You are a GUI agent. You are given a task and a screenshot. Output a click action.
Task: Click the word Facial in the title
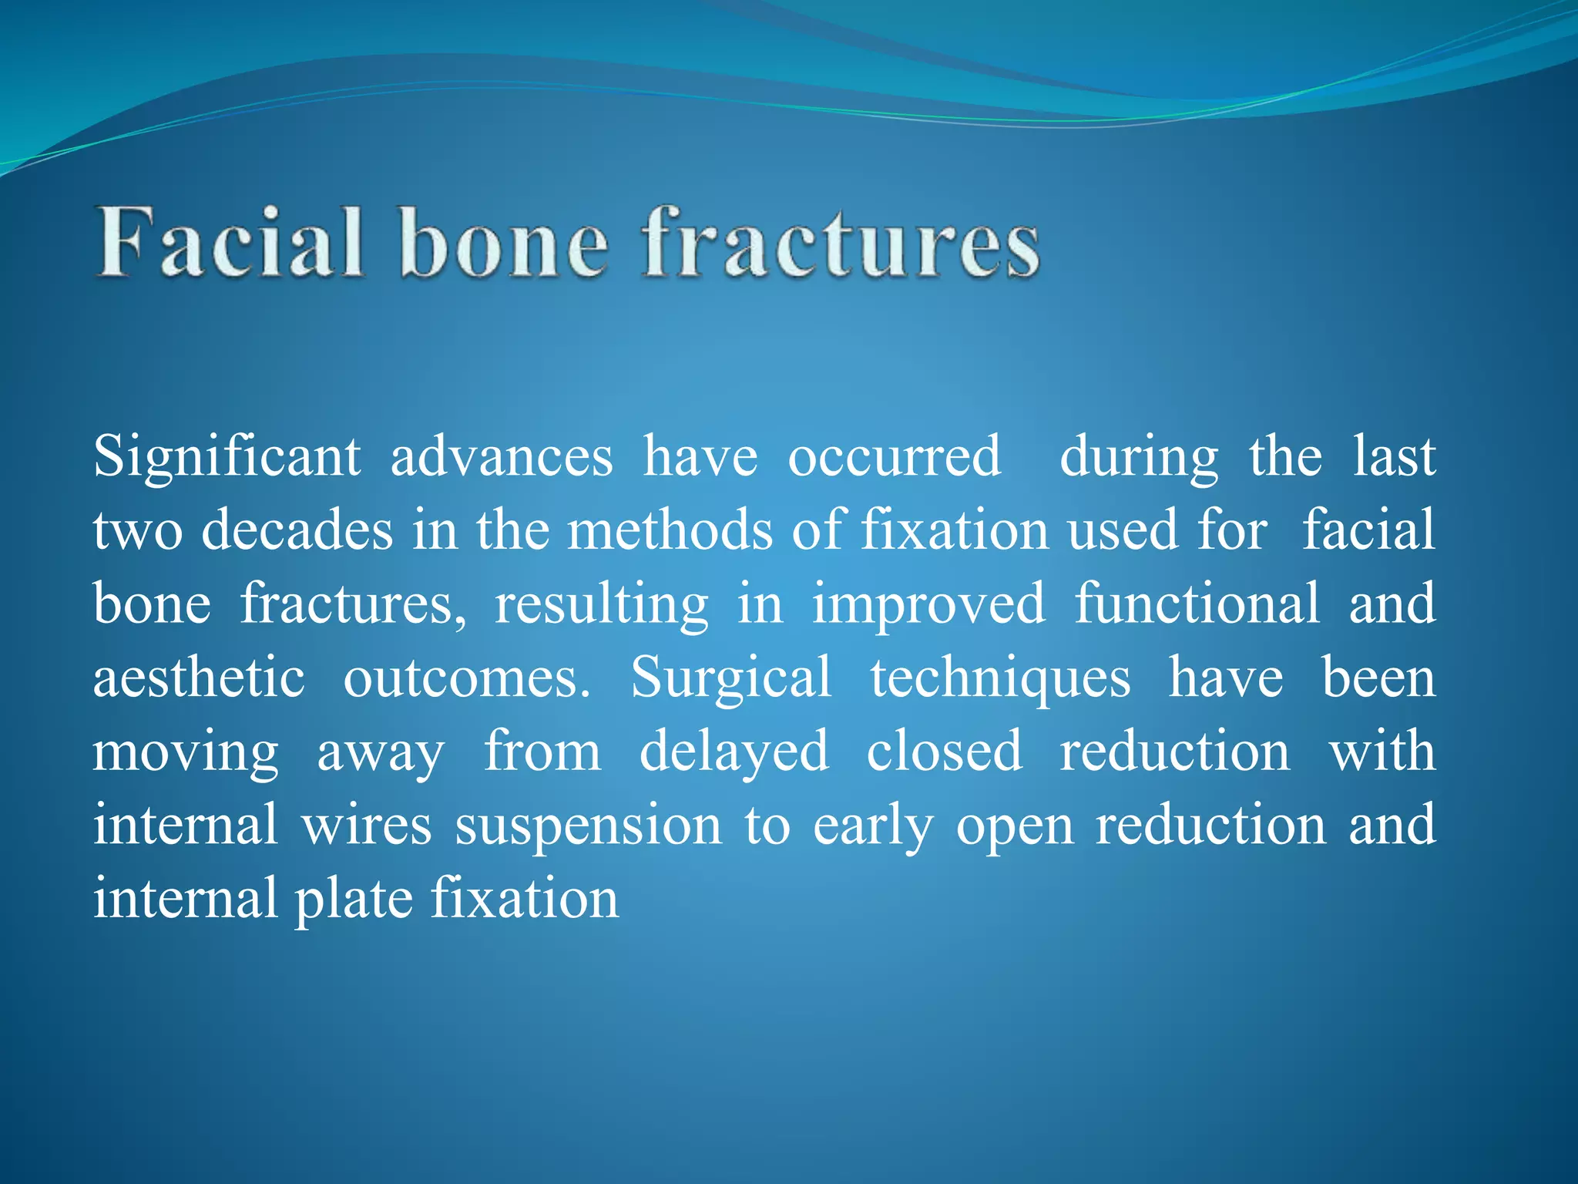coord(230,243)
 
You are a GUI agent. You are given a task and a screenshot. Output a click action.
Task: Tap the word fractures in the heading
coord(841,243)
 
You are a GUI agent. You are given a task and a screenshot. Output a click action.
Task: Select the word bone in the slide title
coord(505,243)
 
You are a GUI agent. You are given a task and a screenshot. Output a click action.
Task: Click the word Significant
coord(227,458)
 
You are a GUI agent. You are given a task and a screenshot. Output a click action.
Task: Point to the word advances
coord(502,458)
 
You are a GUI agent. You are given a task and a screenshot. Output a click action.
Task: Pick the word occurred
coord(894,458)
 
